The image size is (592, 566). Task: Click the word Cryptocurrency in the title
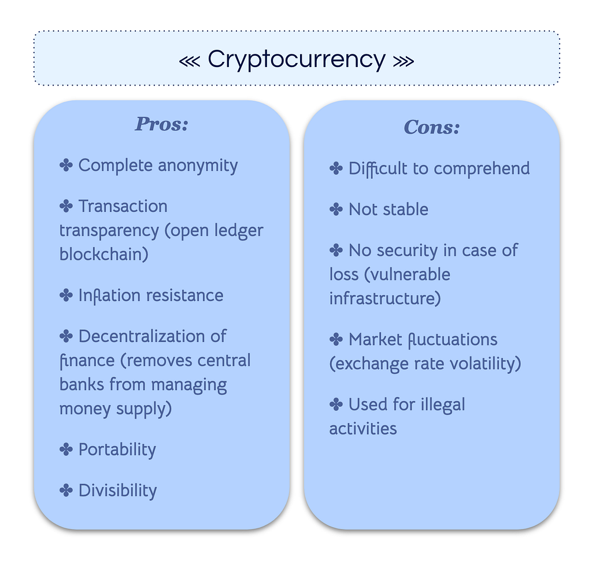coord(297,60)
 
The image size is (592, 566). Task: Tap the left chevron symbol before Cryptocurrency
coord(189,61)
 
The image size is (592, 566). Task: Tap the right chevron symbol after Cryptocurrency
coord(404,61)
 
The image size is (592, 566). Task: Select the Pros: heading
coord(162,124)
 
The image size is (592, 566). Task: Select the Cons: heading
coord(431,127)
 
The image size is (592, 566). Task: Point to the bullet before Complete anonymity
coord(66,165)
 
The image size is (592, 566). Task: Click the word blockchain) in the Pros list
coord(104,254)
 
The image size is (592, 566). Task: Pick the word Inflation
coord(109,296)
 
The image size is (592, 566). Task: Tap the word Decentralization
coord(141,336)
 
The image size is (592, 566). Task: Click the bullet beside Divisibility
coord(66,490)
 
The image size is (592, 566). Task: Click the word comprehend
coord(482,169)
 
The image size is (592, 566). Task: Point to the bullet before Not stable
coord(336,210)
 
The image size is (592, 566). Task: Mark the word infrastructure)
coord(385,299)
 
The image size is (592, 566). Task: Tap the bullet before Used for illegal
coord(336,405)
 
